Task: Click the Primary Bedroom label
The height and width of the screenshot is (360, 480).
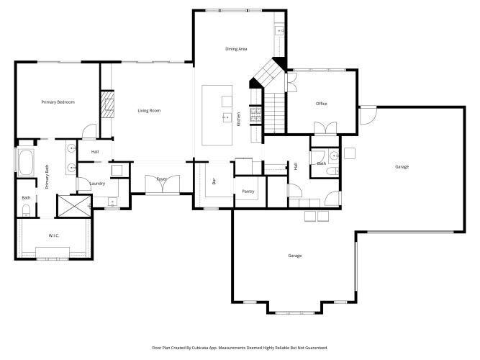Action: click(58, 102)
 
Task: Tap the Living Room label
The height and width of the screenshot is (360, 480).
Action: click(149, 111)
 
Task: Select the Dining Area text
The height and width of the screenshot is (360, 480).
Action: click(236, 49)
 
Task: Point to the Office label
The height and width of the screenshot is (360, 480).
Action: click(322, 104)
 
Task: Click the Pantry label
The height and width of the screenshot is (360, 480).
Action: click(248, 192)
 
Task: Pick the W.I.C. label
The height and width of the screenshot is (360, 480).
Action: click(54, 235)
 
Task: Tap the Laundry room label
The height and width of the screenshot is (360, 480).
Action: click(97, 184)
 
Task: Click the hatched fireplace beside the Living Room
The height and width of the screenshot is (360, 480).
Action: click(107, 104)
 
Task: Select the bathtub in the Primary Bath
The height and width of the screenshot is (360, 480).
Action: click(27, 163)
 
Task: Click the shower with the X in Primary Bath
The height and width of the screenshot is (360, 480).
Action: click(74, 206)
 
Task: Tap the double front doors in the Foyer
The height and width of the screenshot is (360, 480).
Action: click(162, 184)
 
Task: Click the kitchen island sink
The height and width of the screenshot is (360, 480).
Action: click(227, 117)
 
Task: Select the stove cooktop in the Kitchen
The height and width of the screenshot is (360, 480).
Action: click(255, 114)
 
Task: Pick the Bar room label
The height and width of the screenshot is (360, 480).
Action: click(214, 181)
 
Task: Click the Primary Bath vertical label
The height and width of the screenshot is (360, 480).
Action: click(47, 177)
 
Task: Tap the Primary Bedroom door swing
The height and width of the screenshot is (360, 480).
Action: click(89, 131)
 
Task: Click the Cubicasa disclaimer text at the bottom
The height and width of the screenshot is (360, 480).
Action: click(240, 348)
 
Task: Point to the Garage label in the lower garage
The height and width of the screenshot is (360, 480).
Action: click(295, 256)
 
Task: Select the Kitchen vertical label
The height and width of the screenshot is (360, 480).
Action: click(238, 119)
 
